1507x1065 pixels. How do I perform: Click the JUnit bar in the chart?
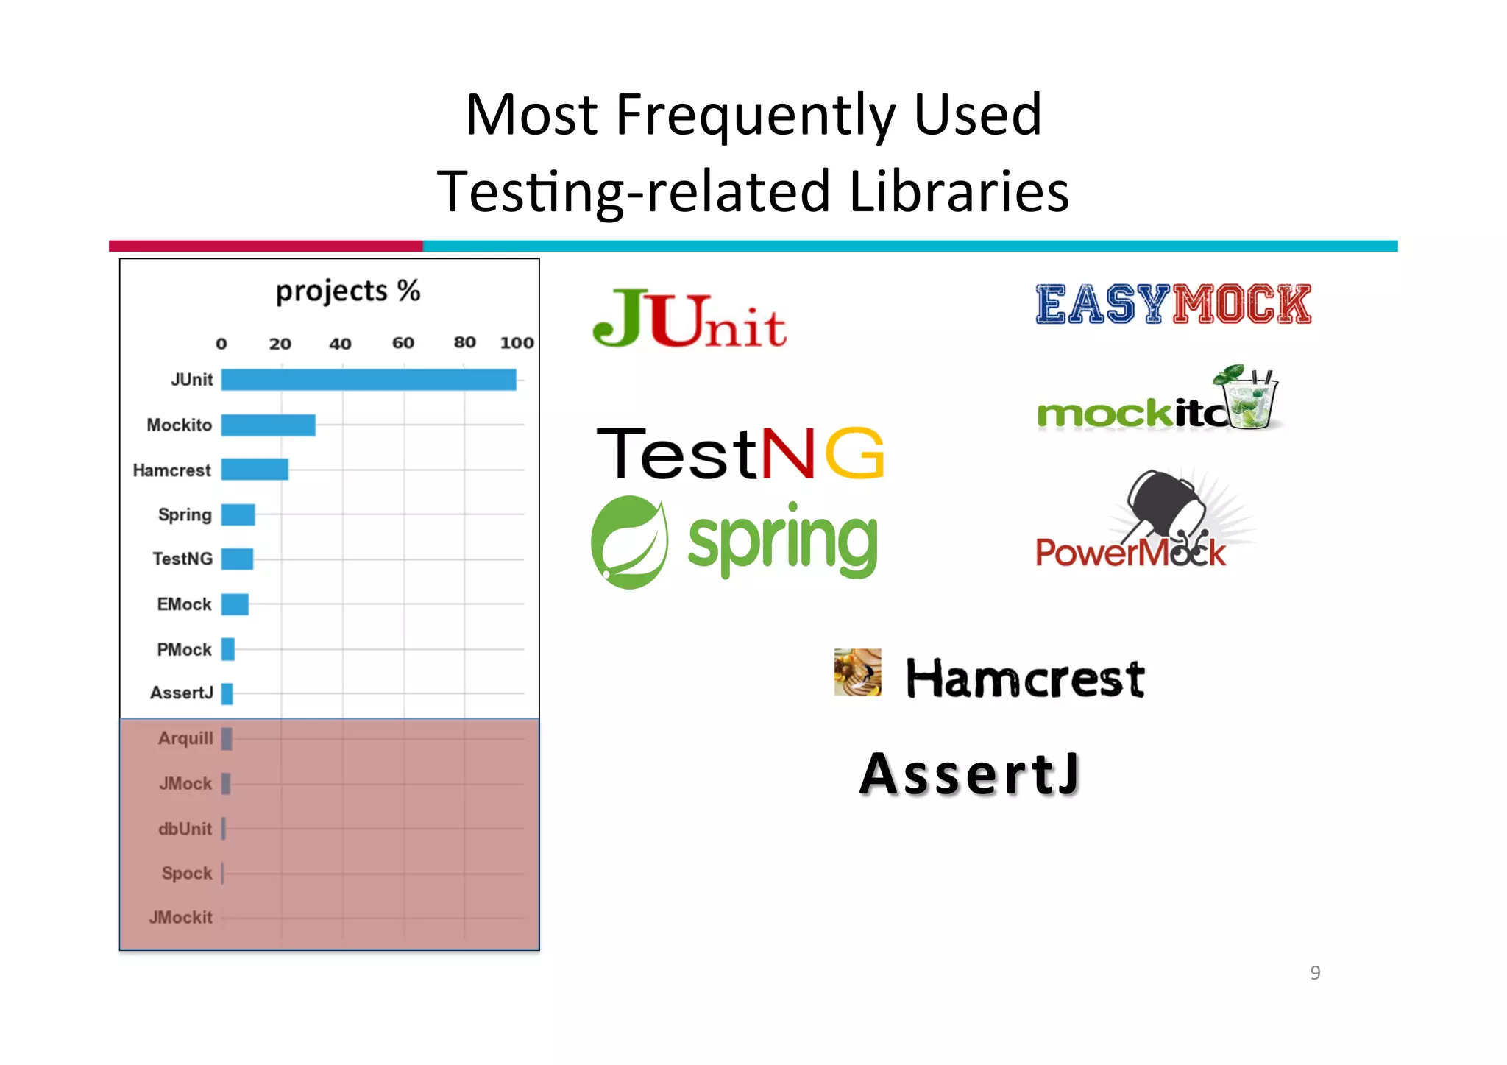tap(368, 380)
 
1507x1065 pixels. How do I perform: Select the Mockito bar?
tap(268, 425)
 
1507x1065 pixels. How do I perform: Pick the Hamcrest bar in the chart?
tap(255, 470)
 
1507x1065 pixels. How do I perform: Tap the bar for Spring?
tap(238, 514)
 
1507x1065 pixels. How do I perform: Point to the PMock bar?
tap(228, 649)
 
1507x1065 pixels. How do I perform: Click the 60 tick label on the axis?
tap(403, 343)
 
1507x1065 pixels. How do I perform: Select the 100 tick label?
tap(517, 343)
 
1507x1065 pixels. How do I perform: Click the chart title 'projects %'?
tap(347, 291)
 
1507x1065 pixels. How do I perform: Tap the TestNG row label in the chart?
tap(182, 559)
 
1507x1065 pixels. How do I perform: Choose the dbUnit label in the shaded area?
tap(185, 829)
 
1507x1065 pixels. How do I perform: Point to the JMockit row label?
tap(180, 918)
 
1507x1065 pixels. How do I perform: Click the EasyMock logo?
tap(1173, 305)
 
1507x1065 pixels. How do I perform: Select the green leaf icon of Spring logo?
tap(630, 542)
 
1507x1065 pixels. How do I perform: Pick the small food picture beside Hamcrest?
tap(857, 672)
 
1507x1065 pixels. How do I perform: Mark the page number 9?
tap(1315, 973)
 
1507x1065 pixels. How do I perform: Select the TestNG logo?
tap(739, 453)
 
